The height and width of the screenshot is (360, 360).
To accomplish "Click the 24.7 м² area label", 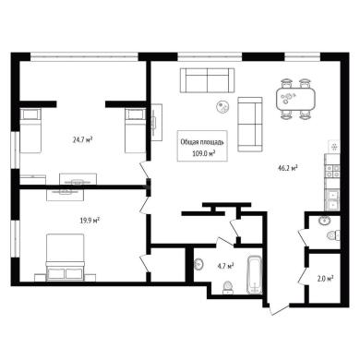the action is tap(83, 140).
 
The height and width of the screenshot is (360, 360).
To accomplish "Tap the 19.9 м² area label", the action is tap(90, 220).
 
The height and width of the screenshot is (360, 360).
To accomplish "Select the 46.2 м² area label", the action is tap(287, 168).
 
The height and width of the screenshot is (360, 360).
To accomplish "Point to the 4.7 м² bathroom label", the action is tap(225, 266).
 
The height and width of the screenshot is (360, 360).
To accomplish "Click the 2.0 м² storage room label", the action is tap(326, 279).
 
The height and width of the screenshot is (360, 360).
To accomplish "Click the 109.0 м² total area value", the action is tap(203, 153).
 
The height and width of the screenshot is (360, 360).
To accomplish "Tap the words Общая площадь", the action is tap(202, 142).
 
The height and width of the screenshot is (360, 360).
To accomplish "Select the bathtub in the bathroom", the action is tap(255, 275).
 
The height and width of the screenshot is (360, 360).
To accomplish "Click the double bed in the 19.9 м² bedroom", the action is tap(65, 258).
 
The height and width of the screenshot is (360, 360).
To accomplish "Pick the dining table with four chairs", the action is tap(295, 99).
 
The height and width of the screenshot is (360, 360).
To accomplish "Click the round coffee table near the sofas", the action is tap(222, 107).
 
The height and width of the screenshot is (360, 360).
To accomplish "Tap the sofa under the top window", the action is tap(207, 80).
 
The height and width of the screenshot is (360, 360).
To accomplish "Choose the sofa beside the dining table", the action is tap(250, 125).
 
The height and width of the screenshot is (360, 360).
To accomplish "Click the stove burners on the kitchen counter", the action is tap(332, 172).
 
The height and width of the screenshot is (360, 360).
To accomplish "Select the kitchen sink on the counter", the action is tap(332, 199).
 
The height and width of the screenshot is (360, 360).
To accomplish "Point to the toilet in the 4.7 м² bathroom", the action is tap(228, 287).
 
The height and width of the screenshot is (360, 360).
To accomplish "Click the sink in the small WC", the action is tap(324, 221).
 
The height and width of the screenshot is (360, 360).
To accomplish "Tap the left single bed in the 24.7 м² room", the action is tap(30, 130).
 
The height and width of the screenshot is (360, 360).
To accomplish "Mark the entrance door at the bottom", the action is tap(278, 308).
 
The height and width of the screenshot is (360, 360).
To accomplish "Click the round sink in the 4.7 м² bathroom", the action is tap(198, 264).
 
